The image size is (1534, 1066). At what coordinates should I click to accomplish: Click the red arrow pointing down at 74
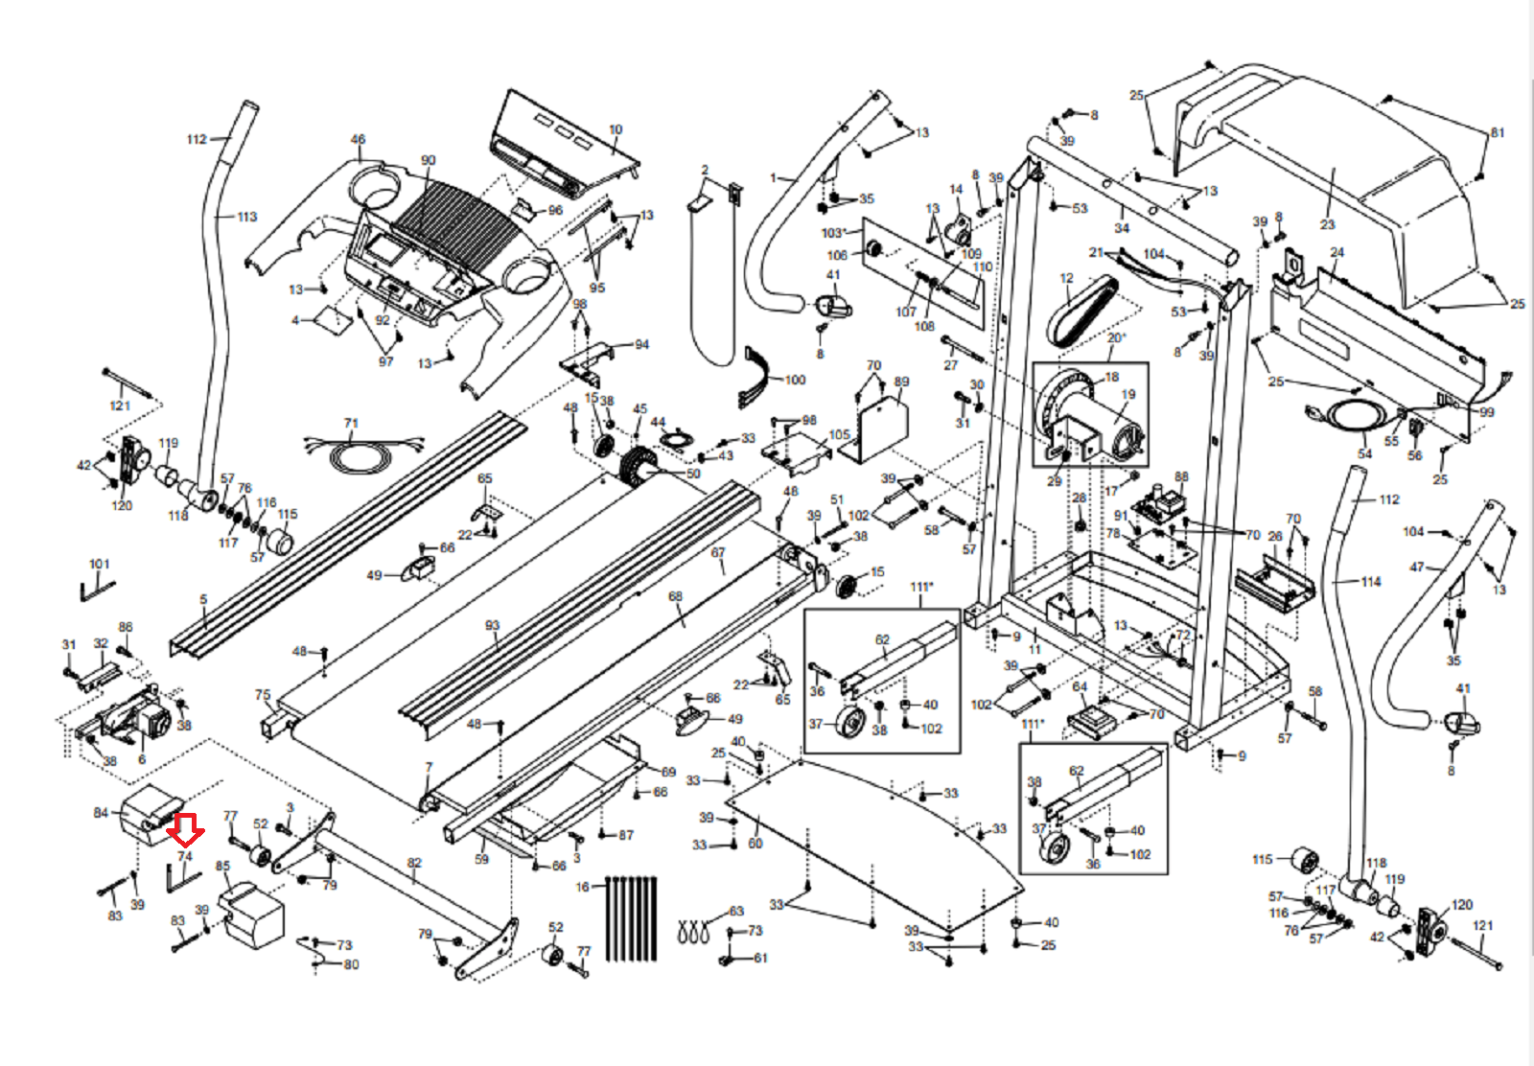click(184, 830)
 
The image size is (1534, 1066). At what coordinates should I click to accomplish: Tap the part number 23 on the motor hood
click(1327, 224)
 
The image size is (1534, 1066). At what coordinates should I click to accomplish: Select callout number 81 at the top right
click(1497, 133)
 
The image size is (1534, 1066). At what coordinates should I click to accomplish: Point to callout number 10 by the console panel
click(616, 129)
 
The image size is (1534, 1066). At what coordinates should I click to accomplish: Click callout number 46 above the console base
click(358, 139)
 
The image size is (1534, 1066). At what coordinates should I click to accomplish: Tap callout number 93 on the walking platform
click(492, 625)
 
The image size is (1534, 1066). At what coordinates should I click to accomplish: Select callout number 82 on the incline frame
click(414, 863)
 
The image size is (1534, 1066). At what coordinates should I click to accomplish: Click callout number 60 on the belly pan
click(755, 844)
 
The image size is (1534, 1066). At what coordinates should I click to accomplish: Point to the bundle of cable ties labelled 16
click(631, 917)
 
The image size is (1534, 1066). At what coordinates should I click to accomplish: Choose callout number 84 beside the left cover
click(101, 813)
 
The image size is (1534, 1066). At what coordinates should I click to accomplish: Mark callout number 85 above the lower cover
click(223, 867)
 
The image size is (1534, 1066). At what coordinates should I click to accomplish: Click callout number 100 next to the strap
click(796, 380)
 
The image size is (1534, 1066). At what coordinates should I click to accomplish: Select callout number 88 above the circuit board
click(1181, 476)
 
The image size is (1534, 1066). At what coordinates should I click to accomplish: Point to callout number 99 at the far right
click(1486, 412)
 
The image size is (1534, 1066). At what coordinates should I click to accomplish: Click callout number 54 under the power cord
click(1364, 453)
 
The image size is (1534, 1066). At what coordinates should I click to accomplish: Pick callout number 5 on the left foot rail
click(203, 600)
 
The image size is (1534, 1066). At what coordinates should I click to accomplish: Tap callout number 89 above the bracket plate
click(901, 382)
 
